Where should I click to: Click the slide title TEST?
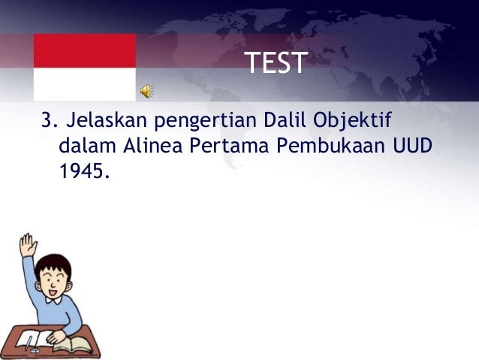(x=276, y=64)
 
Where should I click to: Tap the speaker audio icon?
(x=146, y=91)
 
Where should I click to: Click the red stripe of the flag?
(x=84, y=50)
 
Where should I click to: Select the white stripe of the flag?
(x=84, y=83)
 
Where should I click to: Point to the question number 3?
(x=47, y=120)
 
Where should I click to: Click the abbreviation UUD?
(x=412, y=146)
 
